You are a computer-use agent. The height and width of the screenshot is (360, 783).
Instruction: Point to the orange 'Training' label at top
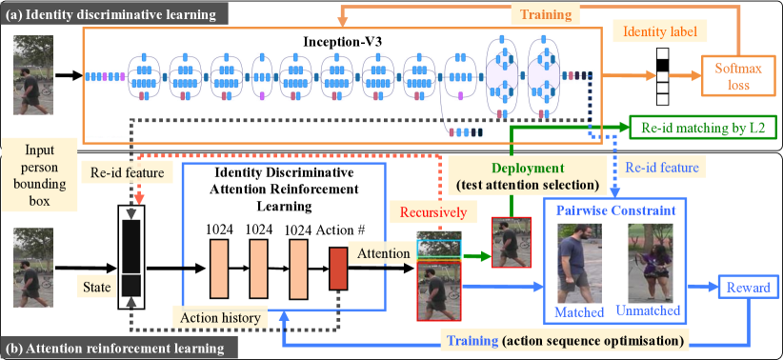point(547,15)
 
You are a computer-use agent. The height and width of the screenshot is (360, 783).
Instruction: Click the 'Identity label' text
point(662,32)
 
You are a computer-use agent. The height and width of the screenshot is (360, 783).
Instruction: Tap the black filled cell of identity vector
point(662,66)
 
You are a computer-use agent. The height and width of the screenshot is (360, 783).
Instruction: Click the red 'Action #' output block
point(337,269)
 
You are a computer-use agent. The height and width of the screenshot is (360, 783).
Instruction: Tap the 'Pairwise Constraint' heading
point(616,210)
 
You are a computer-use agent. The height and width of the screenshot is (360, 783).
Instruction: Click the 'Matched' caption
point(579,312)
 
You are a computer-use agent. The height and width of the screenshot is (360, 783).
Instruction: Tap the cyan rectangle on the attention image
point(439,249)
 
